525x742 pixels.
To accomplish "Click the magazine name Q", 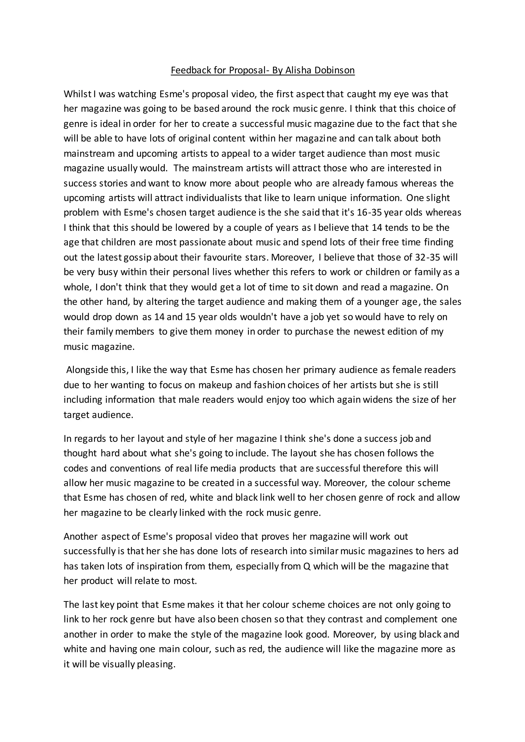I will (307, 566).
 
